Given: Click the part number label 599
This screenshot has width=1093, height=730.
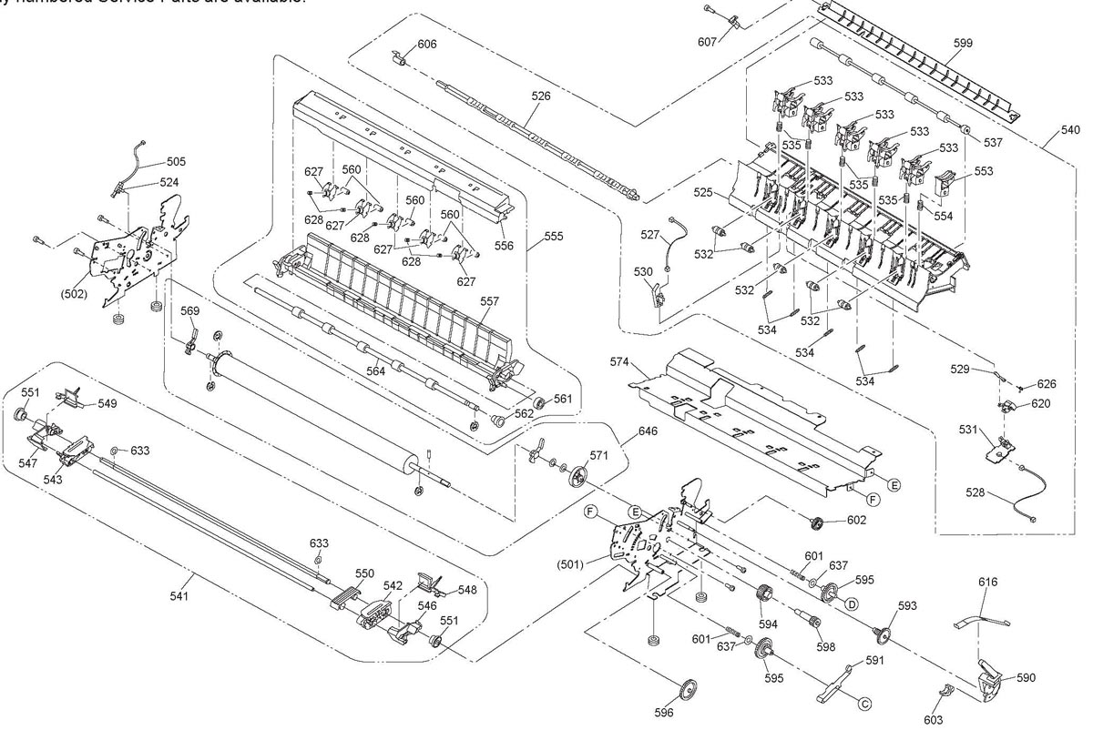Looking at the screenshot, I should pyautogui.click(x=963, y=43).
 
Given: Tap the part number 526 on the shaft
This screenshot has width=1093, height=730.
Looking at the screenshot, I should pyautogui.click(x=541, y=95).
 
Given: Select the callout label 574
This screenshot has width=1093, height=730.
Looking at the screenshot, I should pyautogui.click(x=646, y=362).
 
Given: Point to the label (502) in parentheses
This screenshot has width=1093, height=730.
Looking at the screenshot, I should pyautogui.click(x=74, y=294).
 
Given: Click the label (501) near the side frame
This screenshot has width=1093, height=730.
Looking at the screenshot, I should pyautogui.click(x=570, y=563).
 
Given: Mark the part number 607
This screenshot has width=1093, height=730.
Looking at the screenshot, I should pyautogui.click(x=707, y=42).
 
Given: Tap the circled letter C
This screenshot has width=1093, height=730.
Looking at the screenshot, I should pyautogui.click(x=864, y=701).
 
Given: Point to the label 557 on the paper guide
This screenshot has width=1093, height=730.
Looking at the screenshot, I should pyautogui.click(x=490, y=301).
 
